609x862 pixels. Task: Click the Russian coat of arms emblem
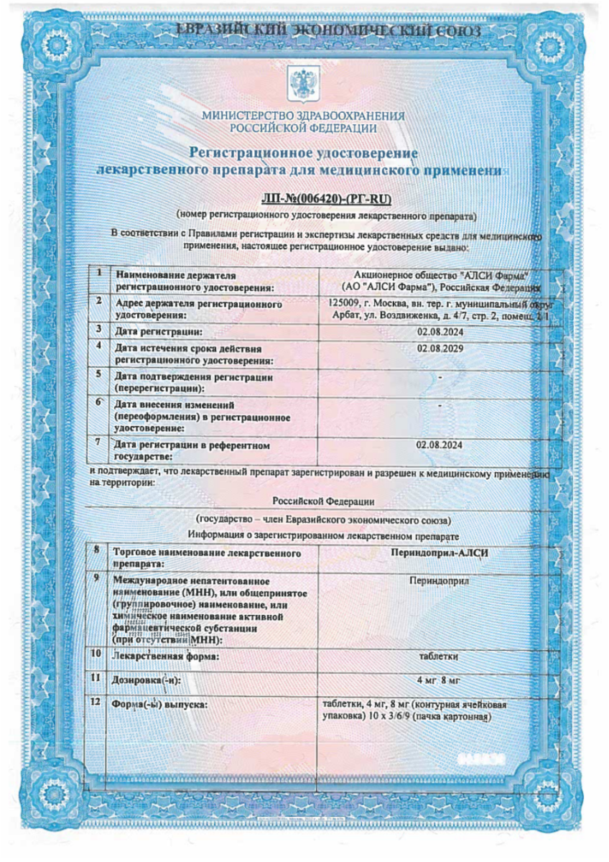coord(298,84)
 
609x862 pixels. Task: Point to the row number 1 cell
coord(98,274)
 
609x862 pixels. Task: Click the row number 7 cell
coord(98,443)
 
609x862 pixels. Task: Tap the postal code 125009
coord(341,304)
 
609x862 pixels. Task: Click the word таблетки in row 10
coord(439,656)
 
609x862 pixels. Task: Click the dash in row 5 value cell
coord(440,376)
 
